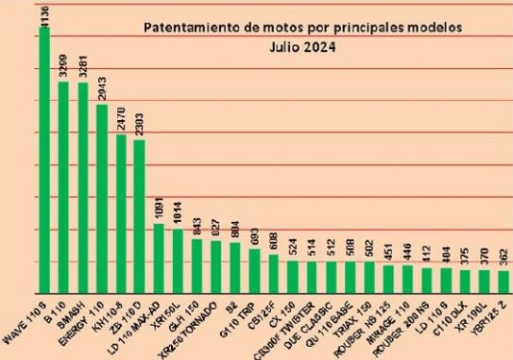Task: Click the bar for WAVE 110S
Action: tap(43, 161)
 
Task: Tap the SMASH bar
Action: tap(83, 188)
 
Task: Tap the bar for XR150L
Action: tap(179, 261)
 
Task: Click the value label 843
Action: tap(197, 227)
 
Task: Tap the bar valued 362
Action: tap(504, 283)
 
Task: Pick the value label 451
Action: tap(389, 252)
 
